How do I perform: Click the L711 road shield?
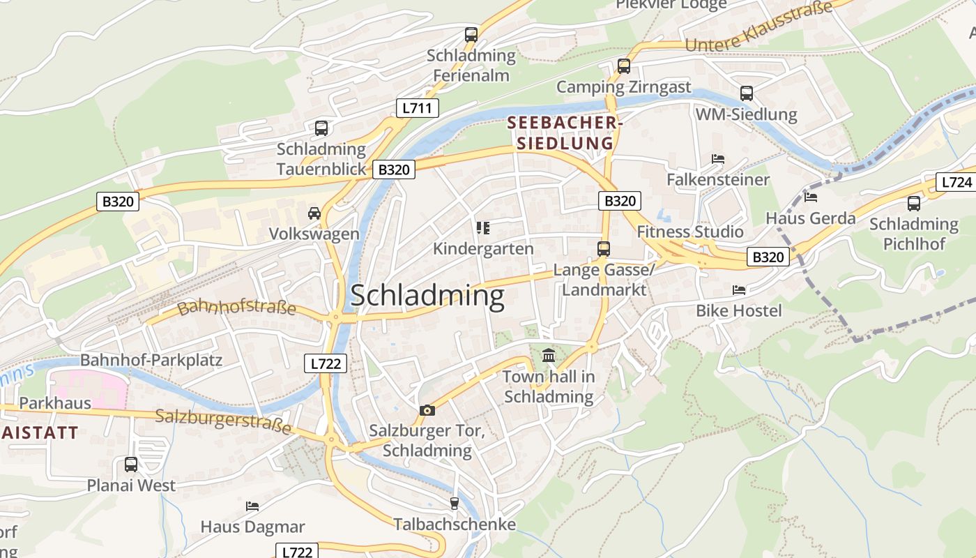pyautogui.click(x=418, y=108)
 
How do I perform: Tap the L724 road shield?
pyautogui.click(x=956, y=183)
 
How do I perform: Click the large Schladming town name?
pyautogui.click(x=427, y=296)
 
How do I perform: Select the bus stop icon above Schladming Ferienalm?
pyautogui.click(x=471, y=34)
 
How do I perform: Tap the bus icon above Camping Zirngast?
pyautogui.click(x=624, y=66)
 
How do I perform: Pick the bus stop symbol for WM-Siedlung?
pyautogui.click(x=747, y=93)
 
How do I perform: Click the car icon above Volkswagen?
pyautogui.click(x=314, y=213)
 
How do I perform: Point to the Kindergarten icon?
pyautogui.click(x=482, y=227)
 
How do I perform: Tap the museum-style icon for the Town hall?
pyautogui.click(x=549, y=356)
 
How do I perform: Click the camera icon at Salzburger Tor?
pyautogui.click(x=427, y=411)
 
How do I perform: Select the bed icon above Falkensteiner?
pyautogui.click(x=718, y=159)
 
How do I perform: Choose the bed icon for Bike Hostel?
pyautogui.click(x=739, y=289)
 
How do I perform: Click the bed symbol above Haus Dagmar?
pyautogui.click(x=252, y=506)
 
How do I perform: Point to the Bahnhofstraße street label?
pyautogui.click(x=237, y=308)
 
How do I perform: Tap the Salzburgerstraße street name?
pyautogui.click(x=223, y=421)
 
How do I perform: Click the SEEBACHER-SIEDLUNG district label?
pyautogui.click(x=563, y=133)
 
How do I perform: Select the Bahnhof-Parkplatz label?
pyautogui.click(x=151, y=361)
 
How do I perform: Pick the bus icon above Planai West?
pyautogui.click(x=131, y=464)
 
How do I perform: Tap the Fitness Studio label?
pyautogui.click(x=690, y=232)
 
